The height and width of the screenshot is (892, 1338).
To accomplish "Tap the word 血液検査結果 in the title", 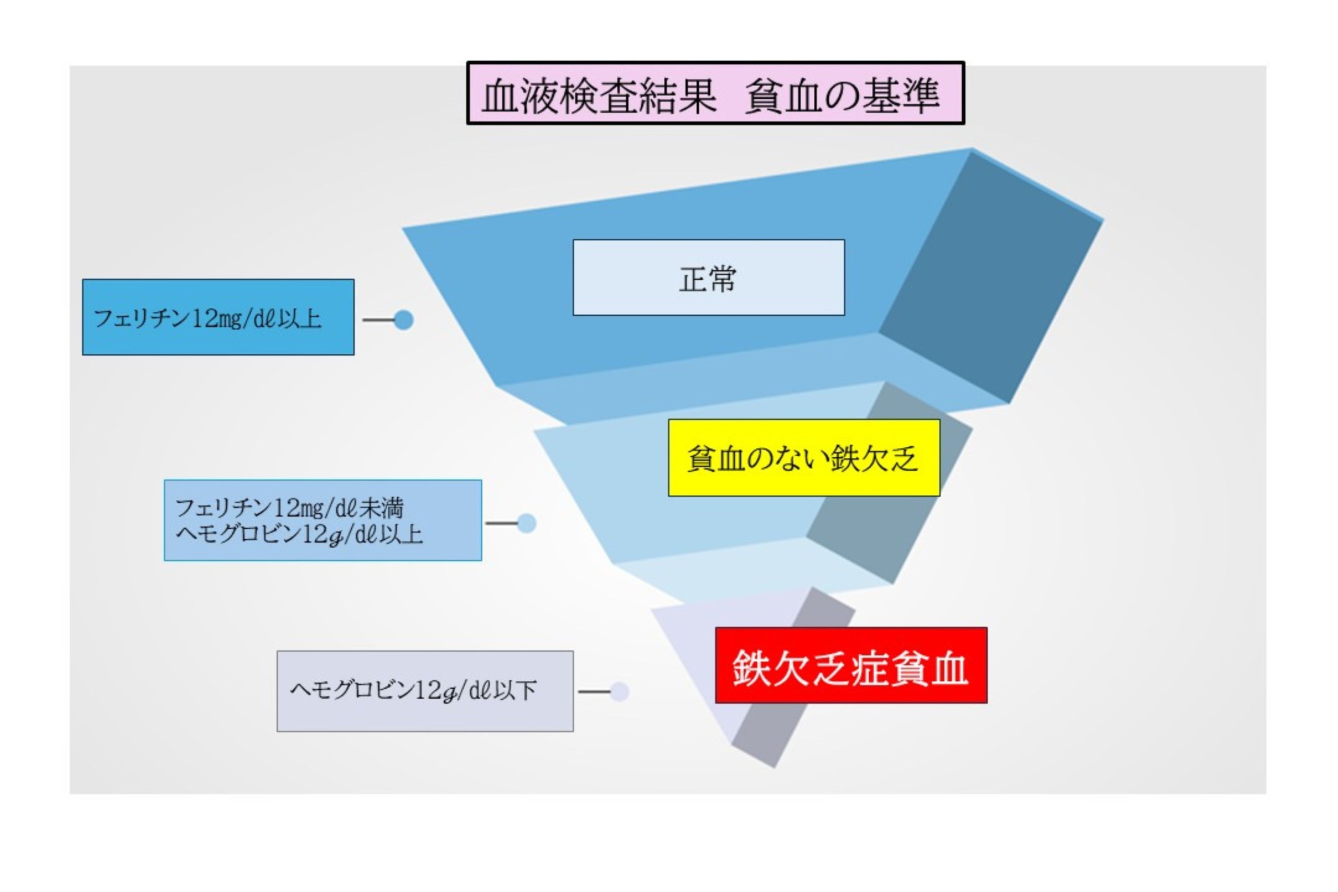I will click(598, 96).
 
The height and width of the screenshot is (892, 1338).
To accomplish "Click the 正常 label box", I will click(708, 277).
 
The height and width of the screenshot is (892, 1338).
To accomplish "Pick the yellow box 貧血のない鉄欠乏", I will click(803, 458).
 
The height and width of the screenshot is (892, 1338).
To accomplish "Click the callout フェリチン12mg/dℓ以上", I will click(218, 317).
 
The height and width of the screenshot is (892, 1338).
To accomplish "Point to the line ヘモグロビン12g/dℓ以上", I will click(299, 535).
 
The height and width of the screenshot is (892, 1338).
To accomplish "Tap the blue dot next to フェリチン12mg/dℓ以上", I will click(403, 320).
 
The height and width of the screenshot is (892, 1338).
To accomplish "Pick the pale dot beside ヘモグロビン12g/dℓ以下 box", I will click(619, 692).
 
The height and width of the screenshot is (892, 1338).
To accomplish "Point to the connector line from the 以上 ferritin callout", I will click(378, 320).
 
